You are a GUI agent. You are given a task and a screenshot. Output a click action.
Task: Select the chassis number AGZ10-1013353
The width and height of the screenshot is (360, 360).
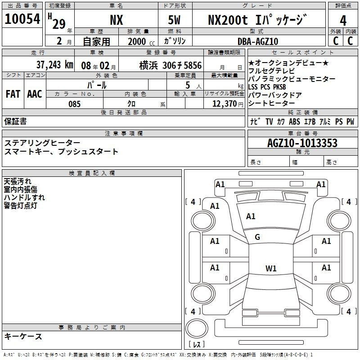click(302, 143)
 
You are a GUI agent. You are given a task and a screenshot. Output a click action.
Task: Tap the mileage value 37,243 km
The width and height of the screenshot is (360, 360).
click(54, 64)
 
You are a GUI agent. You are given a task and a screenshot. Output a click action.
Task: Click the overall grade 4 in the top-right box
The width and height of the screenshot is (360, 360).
click(343, 21)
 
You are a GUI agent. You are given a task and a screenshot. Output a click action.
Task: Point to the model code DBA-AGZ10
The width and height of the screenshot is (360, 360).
click(258, 41)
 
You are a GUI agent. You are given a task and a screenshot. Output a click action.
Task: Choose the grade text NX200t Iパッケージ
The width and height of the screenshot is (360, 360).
click(257, 20)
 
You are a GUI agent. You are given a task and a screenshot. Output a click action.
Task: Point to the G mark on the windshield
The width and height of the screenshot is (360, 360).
click(257, 237)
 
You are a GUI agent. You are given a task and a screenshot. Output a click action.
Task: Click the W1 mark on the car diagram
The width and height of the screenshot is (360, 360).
click(271, 269)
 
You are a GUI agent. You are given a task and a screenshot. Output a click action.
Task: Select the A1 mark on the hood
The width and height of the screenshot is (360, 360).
click(251, 216)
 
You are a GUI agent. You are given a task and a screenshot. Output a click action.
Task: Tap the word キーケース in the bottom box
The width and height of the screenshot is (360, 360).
click(23, 337)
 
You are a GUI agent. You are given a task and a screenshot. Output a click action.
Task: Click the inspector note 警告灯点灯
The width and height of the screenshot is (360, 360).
click(20, 206)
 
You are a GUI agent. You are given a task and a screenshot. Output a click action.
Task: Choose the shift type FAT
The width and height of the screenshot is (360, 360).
click(13, 94)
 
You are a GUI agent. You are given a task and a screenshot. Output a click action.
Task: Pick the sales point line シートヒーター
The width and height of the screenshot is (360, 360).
click(268, 103)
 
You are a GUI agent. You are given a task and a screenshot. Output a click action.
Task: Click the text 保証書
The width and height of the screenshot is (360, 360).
click(15, 121)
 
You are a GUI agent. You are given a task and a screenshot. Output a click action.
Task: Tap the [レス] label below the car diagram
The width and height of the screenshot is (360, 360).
click(197, 345)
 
